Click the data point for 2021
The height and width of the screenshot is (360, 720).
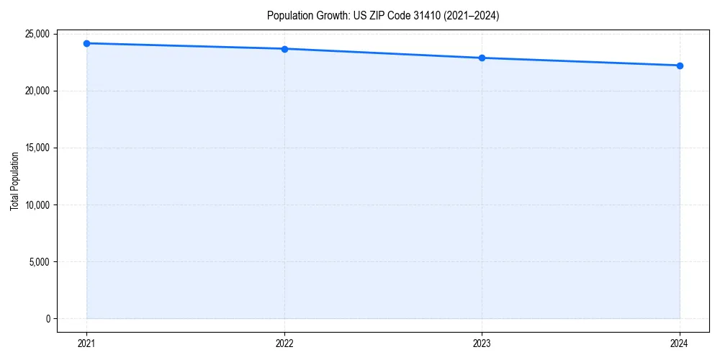tap(86, 43)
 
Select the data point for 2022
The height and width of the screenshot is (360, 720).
tap(284, 49)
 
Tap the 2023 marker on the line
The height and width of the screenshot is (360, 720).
tap(482, 58)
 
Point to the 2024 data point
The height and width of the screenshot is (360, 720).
tap(680, 66)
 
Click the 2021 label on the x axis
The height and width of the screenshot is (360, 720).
tap(86, 343)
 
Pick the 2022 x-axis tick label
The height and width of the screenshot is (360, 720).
tap(284, 343)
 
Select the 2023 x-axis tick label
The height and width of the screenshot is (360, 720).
tap(482, 343)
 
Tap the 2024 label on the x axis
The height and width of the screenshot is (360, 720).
tap(680, 343)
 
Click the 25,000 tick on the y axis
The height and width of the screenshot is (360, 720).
tap(37, 34)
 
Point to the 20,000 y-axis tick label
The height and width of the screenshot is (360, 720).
tap(37, 91)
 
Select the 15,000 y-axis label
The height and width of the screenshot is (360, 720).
tap(37, 148)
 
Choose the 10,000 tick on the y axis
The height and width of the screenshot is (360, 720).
tap(37, 204)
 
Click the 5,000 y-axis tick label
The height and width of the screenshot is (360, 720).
tap(39, 261)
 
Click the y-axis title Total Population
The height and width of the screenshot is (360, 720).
tap(14, 181)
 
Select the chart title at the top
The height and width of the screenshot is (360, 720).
tap(382, 15)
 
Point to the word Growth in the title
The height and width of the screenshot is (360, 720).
tap(328, 15)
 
